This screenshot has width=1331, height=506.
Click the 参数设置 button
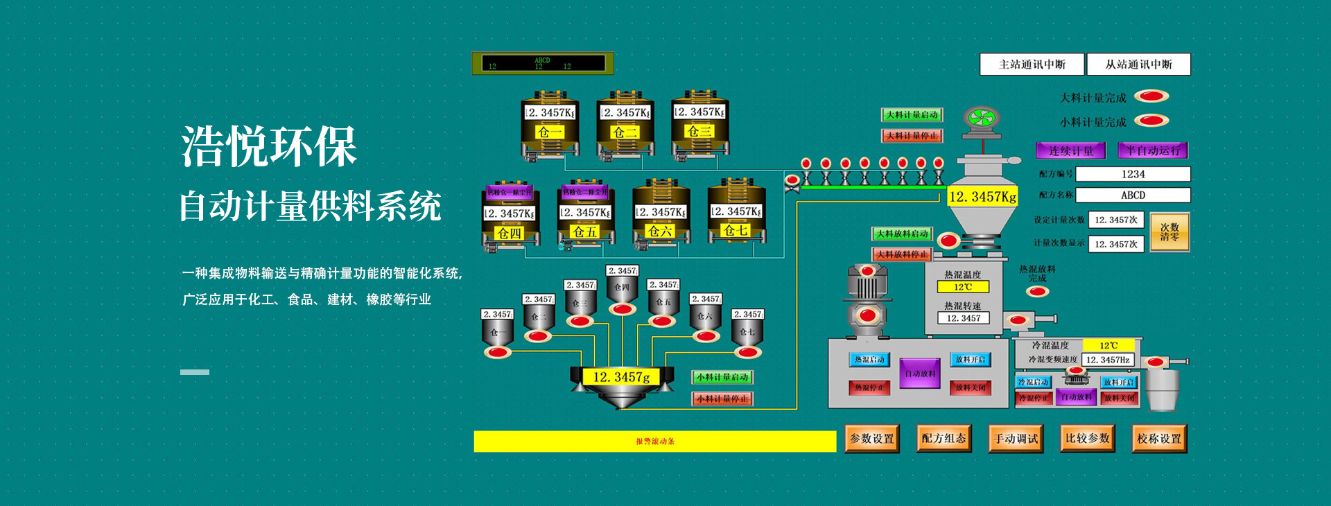[x=872, y=439]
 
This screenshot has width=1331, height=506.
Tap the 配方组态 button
[x=943, y=439]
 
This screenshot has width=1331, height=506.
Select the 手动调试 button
[x=1016, y=439]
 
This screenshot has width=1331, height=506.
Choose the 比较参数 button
[x=1088, y=439]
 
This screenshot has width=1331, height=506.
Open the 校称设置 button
[x=1159, y=439]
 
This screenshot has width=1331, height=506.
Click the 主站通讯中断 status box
[x=1032, y=64]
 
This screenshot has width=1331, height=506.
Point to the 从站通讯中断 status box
[x=1138, y=64]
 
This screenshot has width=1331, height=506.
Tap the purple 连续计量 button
[x=1070, y=150]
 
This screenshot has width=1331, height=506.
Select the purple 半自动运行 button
[x=1152, y=150]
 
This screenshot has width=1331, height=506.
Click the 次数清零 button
[x=1169, y=232]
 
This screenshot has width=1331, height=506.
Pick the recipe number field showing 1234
[x=1133, y=174]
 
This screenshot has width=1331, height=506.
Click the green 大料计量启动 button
[x=912, y=115]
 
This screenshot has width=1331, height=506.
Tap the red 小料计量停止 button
[x=722, y=399]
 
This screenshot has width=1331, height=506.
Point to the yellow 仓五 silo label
[x=585, y=232]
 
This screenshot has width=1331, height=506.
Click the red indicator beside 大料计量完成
[x=1151, y=96]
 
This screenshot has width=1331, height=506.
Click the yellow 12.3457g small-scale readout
[x=622, y=377]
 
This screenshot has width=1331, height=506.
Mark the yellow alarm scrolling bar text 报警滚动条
[x=655, y=442]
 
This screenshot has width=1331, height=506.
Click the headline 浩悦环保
[x=269, y=147]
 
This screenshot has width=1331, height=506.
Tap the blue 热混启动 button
[x=869, y=360]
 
